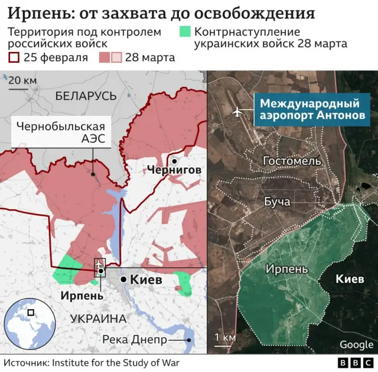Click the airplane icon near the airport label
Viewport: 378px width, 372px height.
(x=237, y=111)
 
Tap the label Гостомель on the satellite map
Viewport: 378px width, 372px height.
(x=291, y=161)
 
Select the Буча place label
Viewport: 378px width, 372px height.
(x=276, y=202)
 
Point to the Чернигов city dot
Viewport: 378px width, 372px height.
(x=175, y=160)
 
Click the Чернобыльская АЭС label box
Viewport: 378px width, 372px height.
(x=61, y=132)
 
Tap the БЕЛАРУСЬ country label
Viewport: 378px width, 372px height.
(x=86, y=96)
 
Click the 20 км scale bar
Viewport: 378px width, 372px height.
(x=18, y=89)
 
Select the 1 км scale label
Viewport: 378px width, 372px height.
(x=225, y=337)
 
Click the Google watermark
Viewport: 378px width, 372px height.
(x=356, y=344)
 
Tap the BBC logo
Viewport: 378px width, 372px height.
(x=357, y=362)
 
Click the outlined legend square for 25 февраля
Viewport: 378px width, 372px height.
(x=12, y=57)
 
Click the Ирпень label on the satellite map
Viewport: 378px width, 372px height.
(x=286, y=269)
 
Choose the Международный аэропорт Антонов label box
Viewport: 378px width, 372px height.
(x=309, y=109)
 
